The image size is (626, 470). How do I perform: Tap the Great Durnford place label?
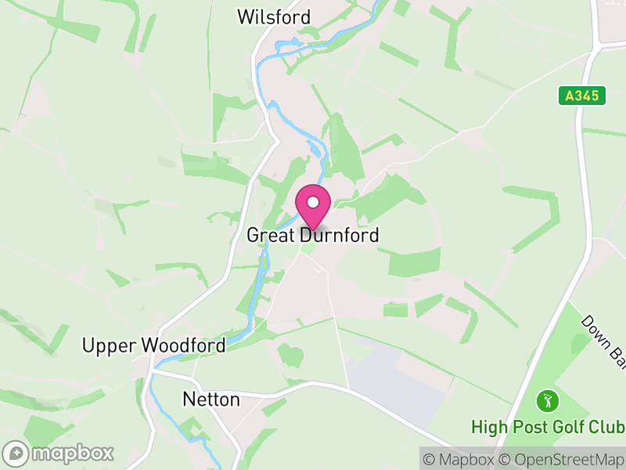(x=313, y=235)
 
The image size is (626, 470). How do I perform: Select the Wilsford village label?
(x=274, y=17)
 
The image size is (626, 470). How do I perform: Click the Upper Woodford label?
(x=154, y=345)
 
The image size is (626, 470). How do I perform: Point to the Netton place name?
(x=211, y=399)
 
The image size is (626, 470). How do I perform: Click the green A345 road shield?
(x=583, y=96)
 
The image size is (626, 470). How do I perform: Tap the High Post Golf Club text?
(x=548, y=428)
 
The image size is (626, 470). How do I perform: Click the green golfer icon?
(x=548, y=402)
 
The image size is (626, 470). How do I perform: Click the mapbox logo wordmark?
(x=72, y=454)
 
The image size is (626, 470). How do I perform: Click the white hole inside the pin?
(x=313, y=202)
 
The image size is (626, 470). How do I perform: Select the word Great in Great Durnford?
(x=267, y=235)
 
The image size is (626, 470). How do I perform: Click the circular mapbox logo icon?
(x=17, y=454)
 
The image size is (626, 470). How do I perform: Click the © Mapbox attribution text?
(x=462, y=459)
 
